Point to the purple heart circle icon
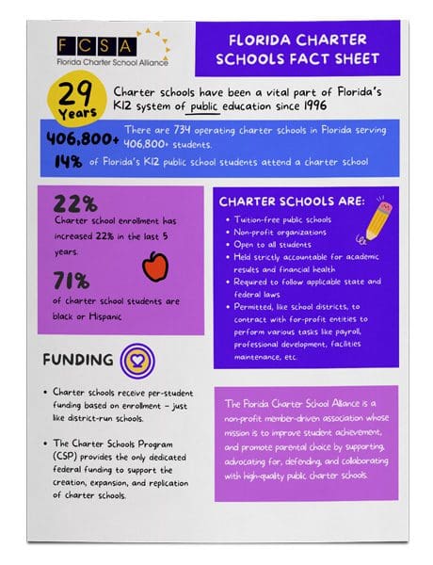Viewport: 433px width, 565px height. coord(138,361)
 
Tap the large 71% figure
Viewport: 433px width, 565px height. coord(72,280)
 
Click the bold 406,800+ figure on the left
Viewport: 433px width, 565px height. coord(83,139)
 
